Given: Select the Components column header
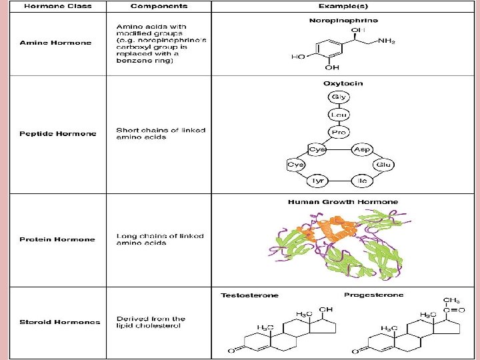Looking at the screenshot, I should (158, 6).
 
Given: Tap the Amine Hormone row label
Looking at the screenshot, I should (55, 43).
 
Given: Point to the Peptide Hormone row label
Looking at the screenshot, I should (57, 133).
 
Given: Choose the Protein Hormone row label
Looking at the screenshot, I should (57, 239).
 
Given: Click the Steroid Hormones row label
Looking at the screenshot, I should (60, 322).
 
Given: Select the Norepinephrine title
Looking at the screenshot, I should (343, 21).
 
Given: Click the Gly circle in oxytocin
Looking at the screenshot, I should (338, 97).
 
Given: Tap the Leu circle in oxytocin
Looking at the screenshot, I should (338, 115).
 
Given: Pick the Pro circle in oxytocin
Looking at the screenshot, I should (338, 132).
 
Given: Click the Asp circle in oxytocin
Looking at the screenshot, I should (362, 149).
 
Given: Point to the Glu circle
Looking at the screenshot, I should (383, 164).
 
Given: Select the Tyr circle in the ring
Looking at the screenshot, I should (317, 181).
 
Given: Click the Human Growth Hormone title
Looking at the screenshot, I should (343, 201).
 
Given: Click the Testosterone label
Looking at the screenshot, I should (250, 295).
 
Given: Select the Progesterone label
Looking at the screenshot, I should (373, 295).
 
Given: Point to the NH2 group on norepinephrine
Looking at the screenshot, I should (386, 41).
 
